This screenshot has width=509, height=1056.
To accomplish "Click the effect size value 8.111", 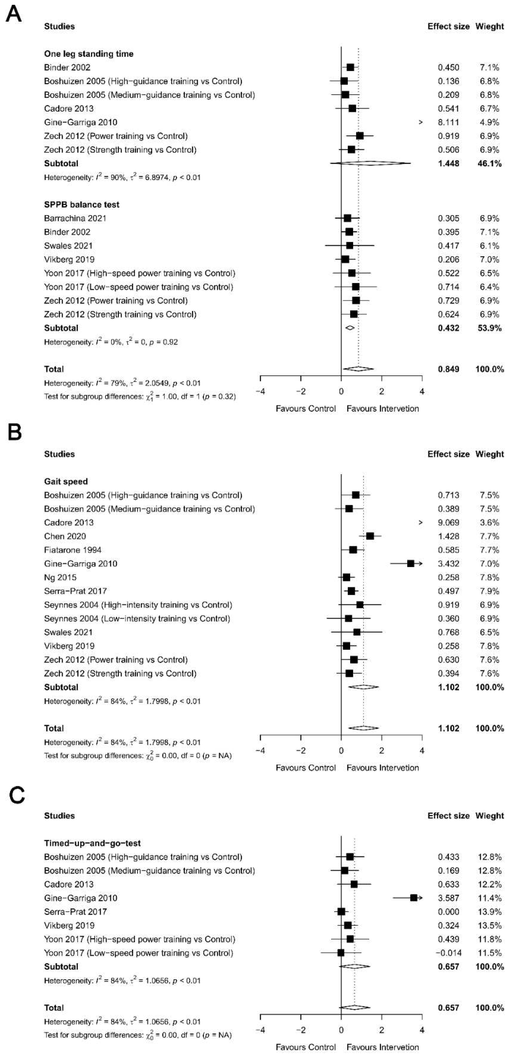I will [448, 122].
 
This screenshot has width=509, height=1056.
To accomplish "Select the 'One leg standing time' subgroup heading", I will [88, 54].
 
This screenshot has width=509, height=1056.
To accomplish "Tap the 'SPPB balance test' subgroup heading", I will [81, 205].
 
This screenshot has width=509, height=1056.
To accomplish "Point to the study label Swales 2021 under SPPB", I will [68, 246].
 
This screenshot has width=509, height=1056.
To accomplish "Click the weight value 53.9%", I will [489, 328].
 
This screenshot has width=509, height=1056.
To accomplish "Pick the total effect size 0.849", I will [448, 369].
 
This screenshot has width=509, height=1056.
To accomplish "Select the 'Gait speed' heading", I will [66, 481].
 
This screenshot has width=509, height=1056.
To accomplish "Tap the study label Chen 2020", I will [65, 536].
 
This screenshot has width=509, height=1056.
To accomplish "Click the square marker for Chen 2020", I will [370, 536].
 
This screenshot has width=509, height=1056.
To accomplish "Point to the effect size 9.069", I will [448, 522].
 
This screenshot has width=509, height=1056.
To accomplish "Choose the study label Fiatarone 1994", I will [72, 550].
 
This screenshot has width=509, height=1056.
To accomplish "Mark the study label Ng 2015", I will [60, 577].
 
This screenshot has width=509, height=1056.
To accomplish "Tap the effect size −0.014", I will [448, 953].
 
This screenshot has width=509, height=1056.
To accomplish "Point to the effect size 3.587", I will [448, 898].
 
